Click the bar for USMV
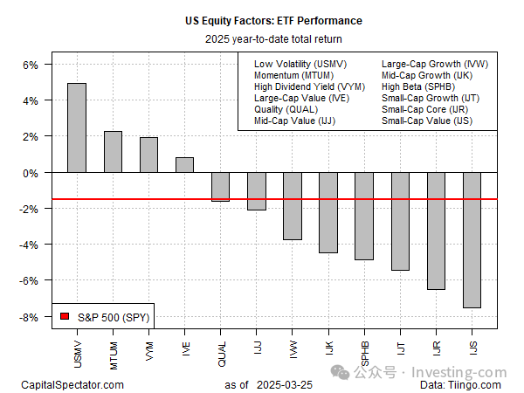click(x=77, y=128)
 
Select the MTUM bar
click(x=113, y=152)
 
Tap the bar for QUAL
click(x=220, y=187)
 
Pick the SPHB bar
click(x=363, y=216)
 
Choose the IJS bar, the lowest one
click(x=472, y=240)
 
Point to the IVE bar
click(x=184, y=165)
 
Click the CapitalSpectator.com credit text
click(x=72, y=384)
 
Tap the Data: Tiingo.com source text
click(x=461, y=384)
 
